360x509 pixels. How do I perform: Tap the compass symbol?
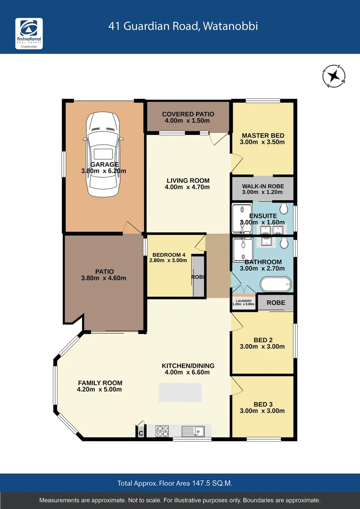click(334, 76)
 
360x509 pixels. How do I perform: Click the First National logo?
click(29, 34)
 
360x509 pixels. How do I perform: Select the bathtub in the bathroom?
click(276, 285)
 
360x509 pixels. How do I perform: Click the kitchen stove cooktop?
click(163, 431)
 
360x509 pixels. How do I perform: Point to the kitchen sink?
click(193, 431)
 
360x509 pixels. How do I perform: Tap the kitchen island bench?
click(180, 392)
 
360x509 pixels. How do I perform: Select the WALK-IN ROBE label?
click(262, 186)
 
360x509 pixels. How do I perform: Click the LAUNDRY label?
click(244, 301)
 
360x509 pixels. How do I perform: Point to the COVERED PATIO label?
click(188, 114)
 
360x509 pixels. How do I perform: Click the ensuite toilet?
click(284, 209)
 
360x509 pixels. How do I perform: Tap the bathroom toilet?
click(284, 243)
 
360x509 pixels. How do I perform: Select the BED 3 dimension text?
click(262, 410)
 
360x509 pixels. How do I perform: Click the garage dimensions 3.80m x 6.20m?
click(103, 171)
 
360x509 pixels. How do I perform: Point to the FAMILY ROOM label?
click(100, 383)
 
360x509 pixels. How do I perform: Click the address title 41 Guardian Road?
click(183, 26)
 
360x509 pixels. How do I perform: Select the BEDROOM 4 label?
click(168, 255)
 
